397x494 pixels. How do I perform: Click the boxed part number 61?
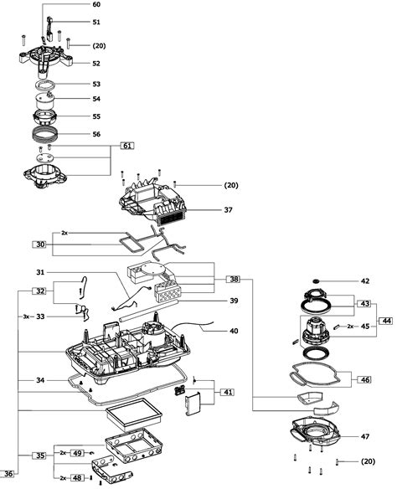click(x=127, y=146)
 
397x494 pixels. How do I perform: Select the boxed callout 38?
click(x=234, y=279)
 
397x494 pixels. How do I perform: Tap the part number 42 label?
click(x=365, y=281)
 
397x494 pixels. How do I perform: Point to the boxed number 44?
click(x=386, y=321)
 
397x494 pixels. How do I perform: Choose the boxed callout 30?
click(x=40, y=244)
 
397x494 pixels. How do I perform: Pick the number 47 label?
click(x=365, y=437)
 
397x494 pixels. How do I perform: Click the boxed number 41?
click(x=228, y=392)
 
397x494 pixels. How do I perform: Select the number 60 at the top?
click(x=96, y=4)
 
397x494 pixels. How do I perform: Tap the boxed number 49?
click(x=77, y=453)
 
